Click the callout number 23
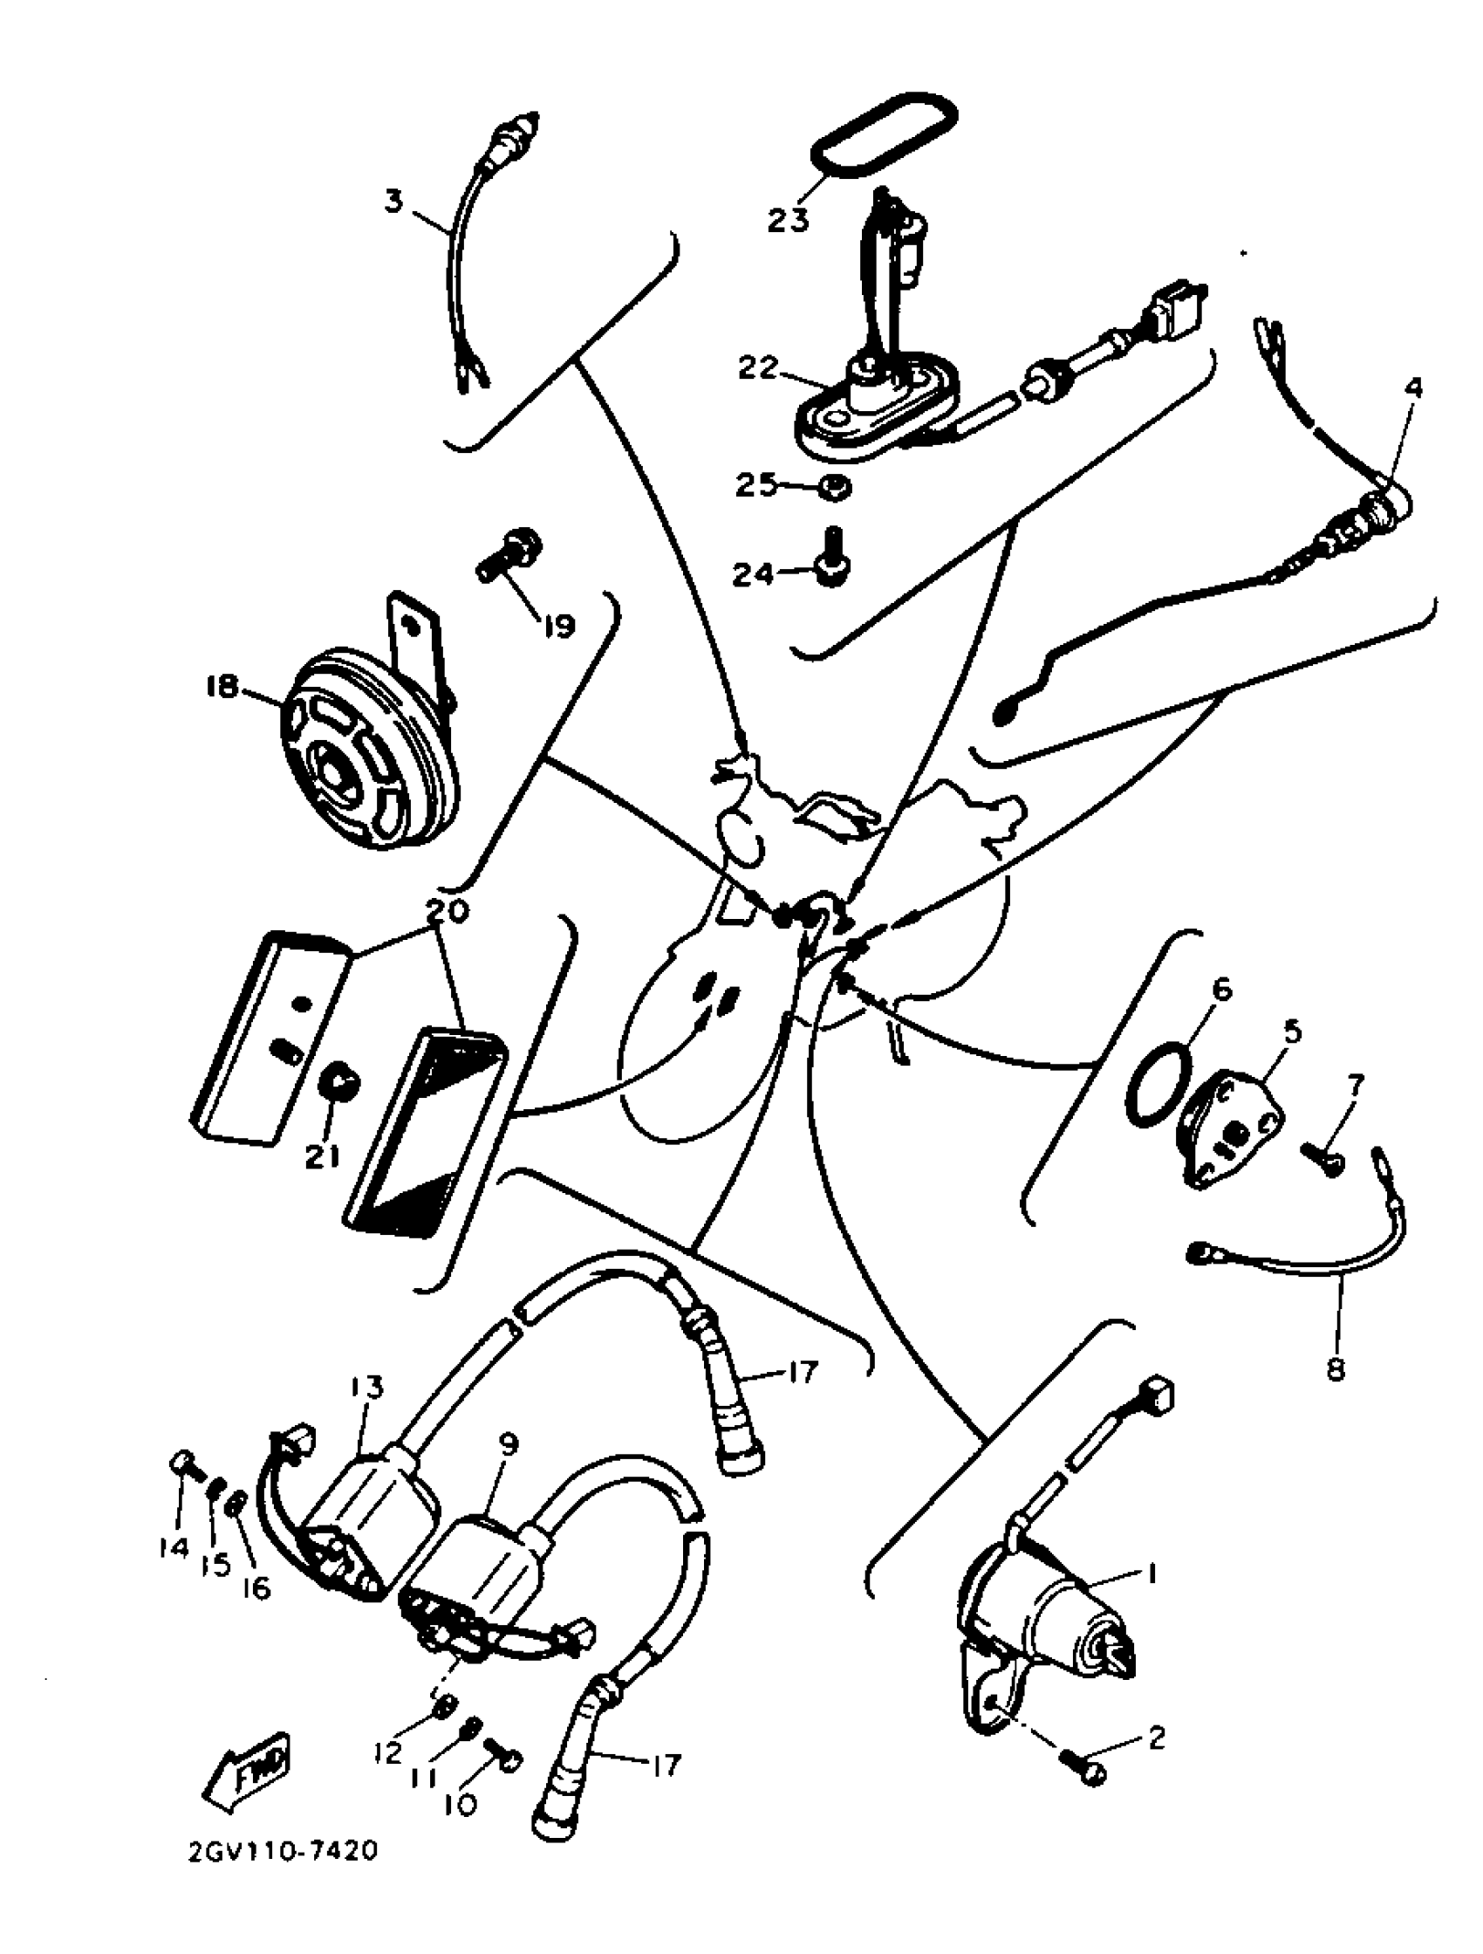(788, 219)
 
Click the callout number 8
(1336, 1370)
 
